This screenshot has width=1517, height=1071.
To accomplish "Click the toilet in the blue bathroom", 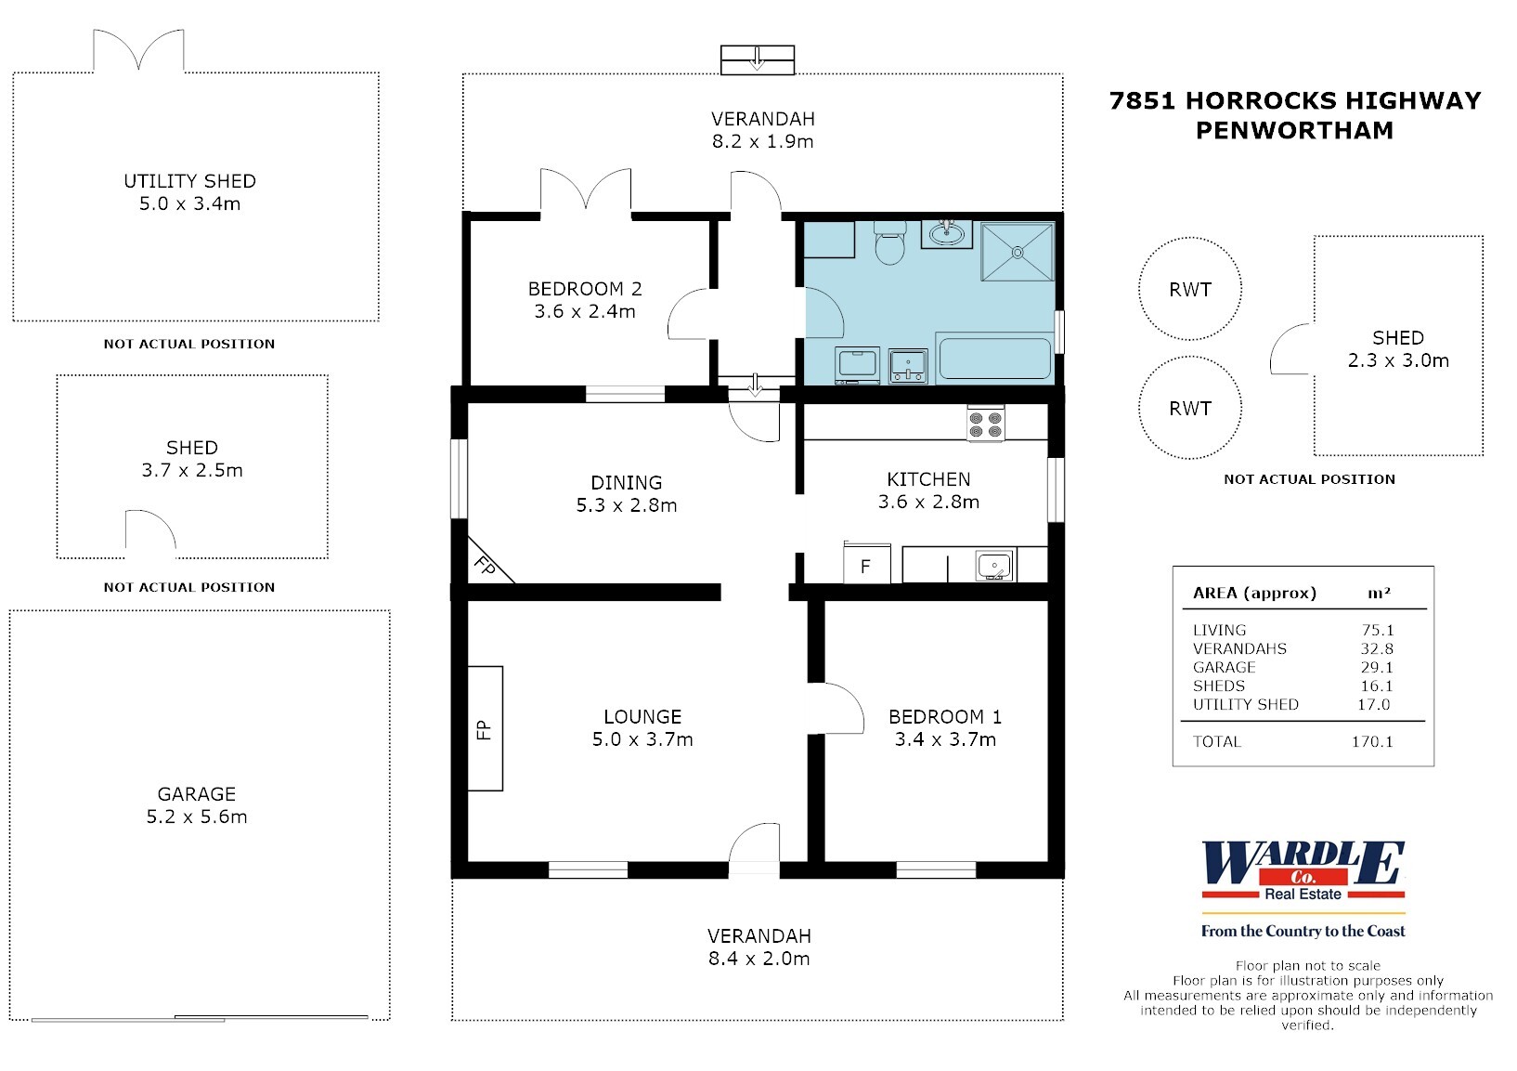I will (889, 243).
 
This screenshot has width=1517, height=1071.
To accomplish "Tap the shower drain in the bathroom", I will (1018, 251).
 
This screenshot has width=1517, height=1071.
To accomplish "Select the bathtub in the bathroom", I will (994, 359).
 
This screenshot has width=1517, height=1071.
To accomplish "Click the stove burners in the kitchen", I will (985, 424).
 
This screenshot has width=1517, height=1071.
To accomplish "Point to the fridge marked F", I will (866, 565).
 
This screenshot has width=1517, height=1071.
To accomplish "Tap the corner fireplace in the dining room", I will (484, 564).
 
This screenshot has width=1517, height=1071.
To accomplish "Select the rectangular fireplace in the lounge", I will (485, 728).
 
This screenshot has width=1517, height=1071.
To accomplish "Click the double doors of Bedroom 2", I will (586, 189).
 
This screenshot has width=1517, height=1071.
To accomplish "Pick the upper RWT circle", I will (1189, 289).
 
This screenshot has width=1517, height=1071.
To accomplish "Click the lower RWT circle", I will (1189, 409).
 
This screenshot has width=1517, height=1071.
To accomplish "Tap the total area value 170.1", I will (1372, 741).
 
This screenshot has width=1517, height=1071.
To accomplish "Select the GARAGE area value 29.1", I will (1376, 667).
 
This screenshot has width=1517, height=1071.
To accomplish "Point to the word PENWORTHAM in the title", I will (1294, 130).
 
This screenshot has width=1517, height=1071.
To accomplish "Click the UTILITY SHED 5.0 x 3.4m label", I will (190, 192).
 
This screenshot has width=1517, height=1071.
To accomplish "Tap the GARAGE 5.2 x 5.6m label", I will (197, 805).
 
